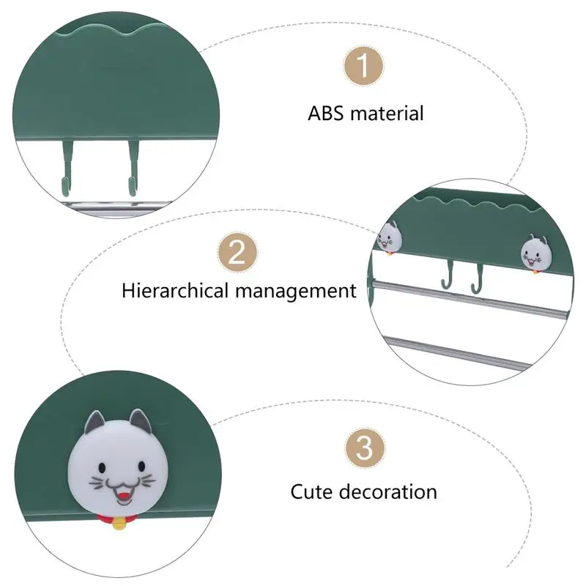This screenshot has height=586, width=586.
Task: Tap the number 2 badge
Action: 237,253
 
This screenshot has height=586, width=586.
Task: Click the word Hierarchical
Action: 176,290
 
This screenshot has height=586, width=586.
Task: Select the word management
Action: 296,291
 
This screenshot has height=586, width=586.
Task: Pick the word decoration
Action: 389,491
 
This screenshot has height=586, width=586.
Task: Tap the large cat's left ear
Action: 96,423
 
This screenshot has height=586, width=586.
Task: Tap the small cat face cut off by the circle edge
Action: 387,237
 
